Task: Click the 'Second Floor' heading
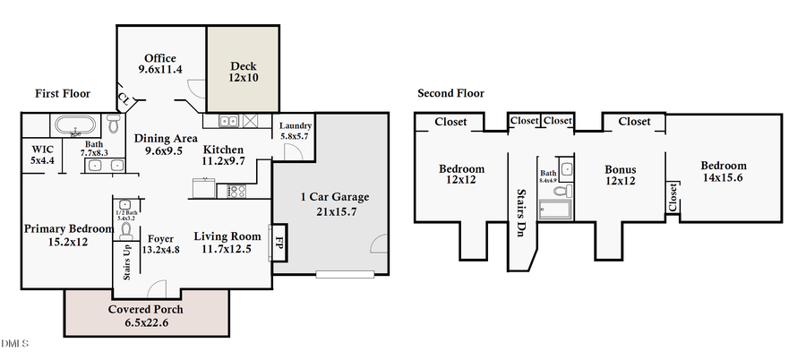coord(450,93)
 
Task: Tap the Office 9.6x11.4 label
coord(160,64)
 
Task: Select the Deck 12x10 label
coord(244,72)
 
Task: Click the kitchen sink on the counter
coord(227,120)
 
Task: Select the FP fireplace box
coord(279,241)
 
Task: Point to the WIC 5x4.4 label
coord(42,155)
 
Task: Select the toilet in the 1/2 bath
coord(125,228)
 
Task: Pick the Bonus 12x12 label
coord(620,175)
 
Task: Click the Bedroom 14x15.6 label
coord(723,172)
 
